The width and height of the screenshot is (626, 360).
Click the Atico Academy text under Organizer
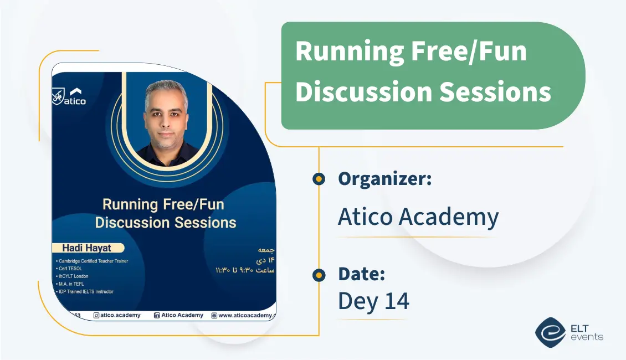(418, 217)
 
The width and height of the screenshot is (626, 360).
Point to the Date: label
(361, 274)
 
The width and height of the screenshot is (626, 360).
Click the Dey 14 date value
(373, 301)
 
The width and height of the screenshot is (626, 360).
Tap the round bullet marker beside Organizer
(319, 179)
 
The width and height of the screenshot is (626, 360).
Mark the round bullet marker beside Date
(319, 275)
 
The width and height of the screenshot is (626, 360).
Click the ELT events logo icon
(550, 332)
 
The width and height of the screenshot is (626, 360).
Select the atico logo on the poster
(69, 96)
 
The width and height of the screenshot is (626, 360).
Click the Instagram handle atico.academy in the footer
(117, 315)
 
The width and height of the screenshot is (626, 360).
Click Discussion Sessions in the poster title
(166, 223)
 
